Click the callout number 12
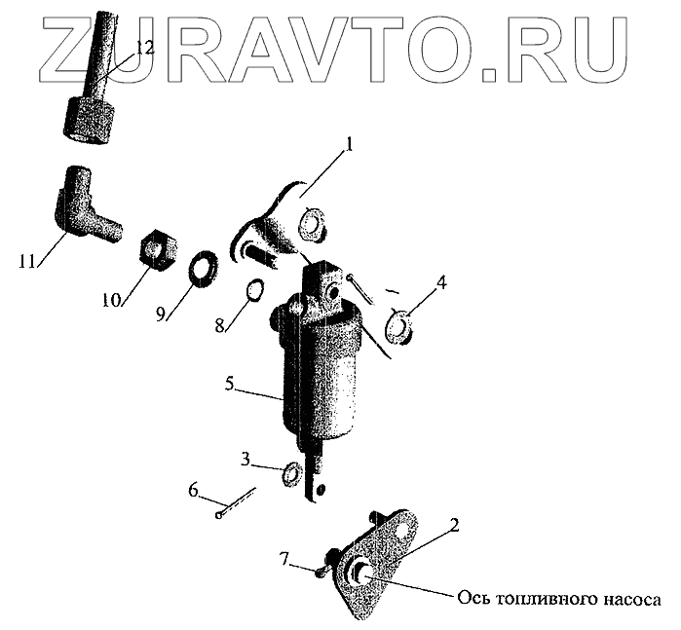(x=144, y=47)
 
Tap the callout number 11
(x=26, y=261)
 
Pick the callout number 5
(x=231, y=385)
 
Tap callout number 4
(x=441, y=283)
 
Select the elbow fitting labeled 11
(x=82, y=205)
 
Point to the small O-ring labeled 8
(x=256, y=290)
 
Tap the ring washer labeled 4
(x=399, y=323)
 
